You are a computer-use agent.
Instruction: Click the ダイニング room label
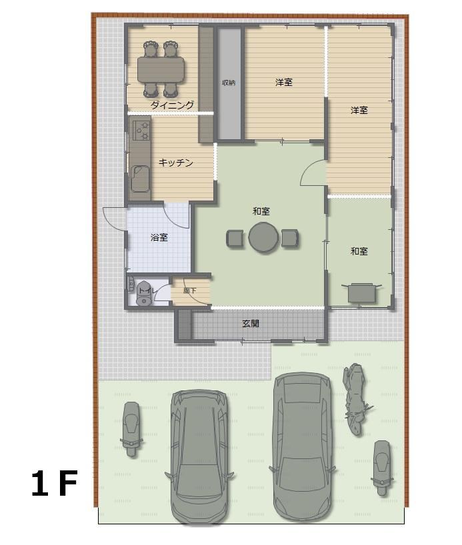point(172,105)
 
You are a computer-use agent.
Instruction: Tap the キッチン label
point(176,163)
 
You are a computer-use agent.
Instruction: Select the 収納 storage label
point(229,83)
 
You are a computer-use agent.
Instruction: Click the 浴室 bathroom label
point(159,237)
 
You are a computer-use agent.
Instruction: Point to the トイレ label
point(147,290)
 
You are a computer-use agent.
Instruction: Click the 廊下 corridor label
point(189,290)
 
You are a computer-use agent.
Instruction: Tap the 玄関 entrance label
point(251,324)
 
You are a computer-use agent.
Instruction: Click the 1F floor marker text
point(54,483)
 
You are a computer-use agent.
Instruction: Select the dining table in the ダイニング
point(161,69)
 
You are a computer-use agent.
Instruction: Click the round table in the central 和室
point(263,238)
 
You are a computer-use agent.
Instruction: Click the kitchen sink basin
point(140,179)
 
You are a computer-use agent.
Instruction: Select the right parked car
point(302,446)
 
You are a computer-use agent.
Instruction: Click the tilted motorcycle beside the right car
point(355,399)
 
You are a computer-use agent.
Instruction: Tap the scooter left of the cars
point(131,429)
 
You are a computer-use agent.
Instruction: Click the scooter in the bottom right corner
point(382,468)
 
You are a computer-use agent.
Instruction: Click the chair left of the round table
point(235,238)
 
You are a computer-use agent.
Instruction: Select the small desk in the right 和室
point(362,292)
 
